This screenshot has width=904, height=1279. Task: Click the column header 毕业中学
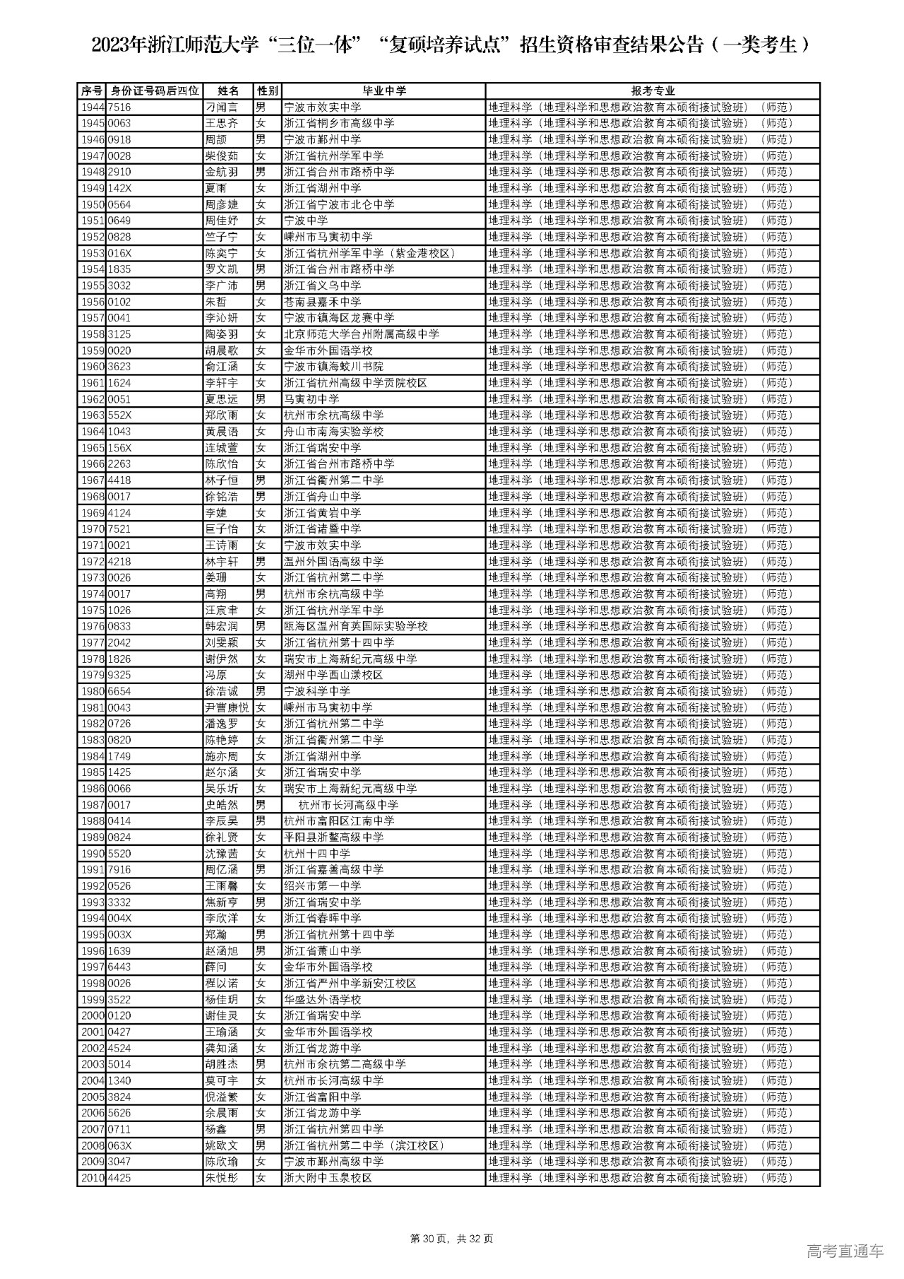383,91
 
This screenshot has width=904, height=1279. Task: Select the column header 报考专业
653,91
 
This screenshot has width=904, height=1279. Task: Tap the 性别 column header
268,91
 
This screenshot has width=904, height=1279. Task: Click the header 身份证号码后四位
155,91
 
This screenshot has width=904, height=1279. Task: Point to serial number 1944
92,107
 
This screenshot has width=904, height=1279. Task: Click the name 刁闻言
221,107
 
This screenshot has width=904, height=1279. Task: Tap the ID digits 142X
119,189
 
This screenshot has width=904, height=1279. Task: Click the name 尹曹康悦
227,707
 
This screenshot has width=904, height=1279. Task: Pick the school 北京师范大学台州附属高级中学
361,334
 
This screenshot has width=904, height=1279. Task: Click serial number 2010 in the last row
92,1178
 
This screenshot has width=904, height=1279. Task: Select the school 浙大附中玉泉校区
327,1178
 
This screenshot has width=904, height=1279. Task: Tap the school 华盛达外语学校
321,1000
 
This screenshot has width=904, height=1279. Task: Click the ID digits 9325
119,675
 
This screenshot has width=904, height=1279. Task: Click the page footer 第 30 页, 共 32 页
451,1239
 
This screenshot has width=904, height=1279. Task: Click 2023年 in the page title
119,46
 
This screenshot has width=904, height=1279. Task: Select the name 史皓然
221,805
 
